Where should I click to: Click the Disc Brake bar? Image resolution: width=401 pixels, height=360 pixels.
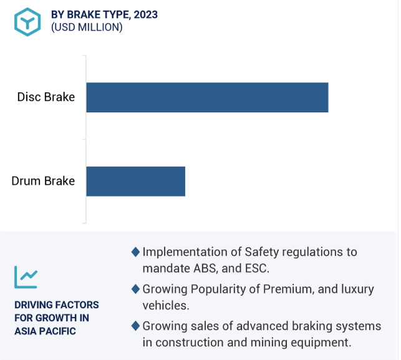pos(208,97)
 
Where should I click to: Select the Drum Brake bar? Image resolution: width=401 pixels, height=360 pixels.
pos(136,182)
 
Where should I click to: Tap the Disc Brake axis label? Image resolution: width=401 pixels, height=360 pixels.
pos(46,97)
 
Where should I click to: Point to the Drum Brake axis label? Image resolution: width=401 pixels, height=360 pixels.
pos(43,181)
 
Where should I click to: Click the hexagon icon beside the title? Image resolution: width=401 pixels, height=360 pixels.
pos(27,22)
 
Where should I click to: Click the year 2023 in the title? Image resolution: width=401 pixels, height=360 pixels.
pos(146,14)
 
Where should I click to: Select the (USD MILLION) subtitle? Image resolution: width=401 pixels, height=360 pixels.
pos(87,27)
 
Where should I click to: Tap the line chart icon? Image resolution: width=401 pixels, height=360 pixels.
pos(26,277)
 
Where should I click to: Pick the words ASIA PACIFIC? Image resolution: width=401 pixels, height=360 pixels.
pos(46,331)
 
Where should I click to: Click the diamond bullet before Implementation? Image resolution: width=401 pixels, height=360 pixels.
pos(135,252)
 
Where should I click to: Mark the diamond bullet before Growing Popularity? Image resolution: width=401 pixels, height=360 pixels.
pos(135,289)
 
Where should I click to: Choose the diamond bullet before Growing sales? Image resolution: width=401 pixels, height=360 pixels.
pos(135,326)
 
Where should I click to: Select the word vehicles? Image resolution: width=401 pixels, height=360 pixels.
pos(166,306)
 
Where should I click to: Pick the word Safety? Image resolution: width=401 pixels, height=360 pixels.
pos(262,252)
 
